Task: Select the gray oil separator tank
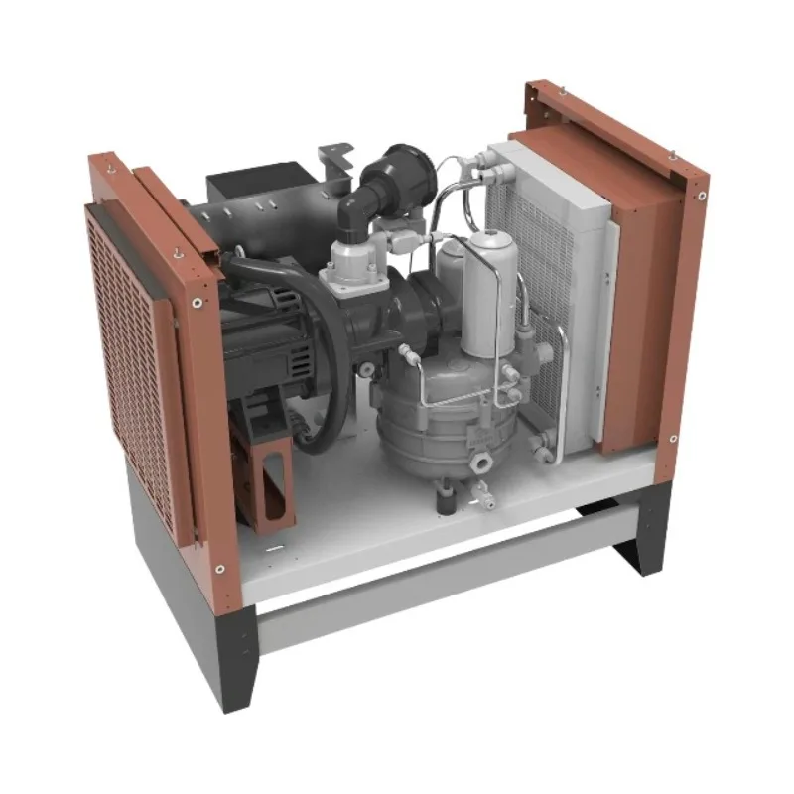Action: point(437,407)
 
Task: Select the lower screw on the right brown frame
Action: point(673,438)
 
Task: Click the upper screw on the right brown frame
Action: point(701,195)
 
